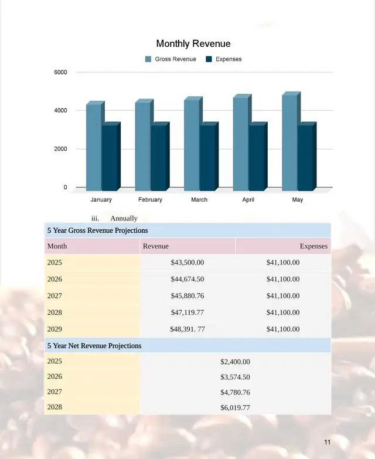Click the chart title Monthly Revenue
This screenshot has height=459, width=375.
[193, 44]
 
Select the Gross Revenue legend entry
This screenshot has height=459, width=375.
[175, 59]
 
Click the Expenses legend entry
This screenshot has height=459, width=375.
[228, 59]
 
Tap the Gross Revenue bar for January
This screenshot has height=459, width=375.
[94, 147]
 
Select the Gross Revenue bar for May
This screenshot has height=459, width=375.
[289, 142]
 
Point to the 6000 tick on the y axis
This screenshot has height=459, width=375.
[62, 72]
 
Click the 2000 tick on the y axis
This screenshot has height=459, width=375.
[62, 149]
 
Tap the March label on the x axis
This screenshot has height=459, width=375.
[199, 200]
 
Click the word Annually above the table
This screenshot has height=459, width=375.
[124, 218]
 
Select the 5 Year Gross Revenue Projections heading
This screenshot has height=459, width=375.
[97, 230]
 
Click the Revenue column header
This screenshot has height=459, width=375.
[156, 246]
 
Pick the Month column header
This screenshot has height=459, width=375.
[57, 246]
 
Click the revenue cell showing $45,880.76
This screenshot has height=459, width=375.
[187, 296]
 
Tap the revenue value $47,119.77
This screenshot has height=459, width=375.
[187, 312]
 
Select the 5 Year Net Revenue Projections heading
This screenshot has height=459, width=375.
[94, 346]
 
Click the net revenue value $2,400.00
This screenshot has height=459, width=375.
[235, 362]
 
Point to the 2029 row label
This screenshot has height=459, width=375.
[54, 329]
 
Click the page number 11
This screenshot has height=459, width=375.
[327, 442]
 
